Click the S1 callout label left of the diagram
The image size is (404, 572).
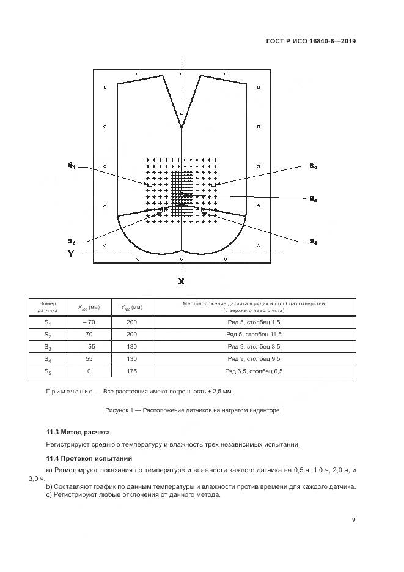(72, 165)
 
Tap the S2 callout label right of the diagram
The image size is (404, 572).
(313, 166)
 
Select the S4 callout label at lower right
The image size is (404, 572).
(313, 242)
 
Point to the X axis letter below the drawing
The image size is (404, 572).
(181, 281)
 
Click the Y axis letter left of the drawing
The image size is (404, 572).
(71, 253)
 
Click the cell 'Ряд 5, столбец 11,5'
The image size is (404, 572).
(253, 335)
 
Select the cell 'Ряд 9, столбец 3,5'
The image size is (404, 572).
(253, 347)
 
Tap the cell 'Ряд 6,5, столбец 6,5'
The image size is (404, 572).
(253, 371)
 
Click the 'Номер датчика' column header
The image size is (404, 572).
(47, 306)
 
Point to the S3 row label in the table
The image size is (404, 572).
(47, 347)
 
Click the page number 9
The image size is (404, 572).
(354, 520)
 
